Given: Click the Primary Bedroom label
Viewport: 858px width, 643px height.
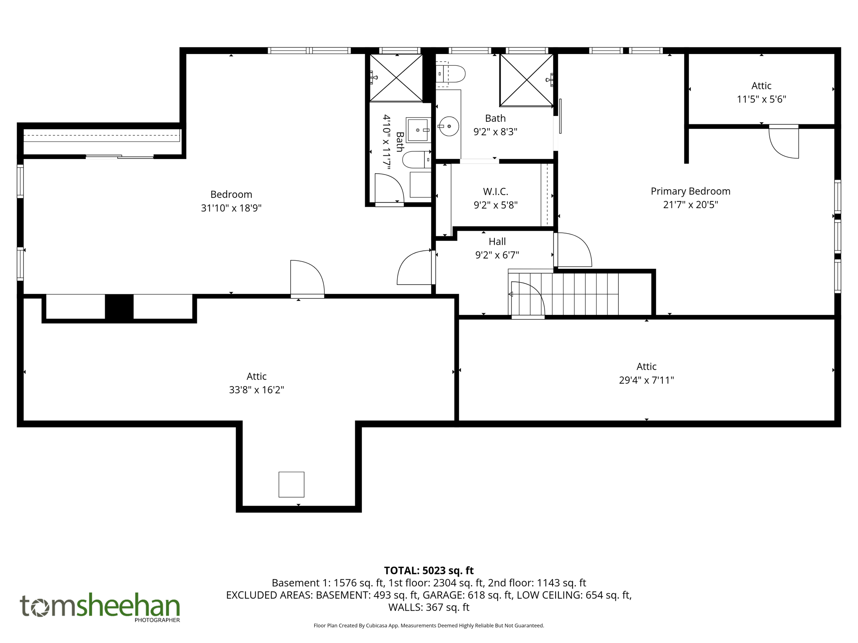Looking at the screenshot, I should tap(690, 191).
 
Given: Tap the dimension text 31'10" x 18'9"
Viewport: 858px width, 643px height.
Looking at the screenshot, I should tap(231, 208).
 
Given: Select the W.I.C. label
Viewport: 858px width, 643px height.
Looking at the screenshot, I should tap(496, 192).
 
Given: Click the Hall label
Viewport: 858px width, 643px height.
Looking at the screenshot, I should tap(497, 242).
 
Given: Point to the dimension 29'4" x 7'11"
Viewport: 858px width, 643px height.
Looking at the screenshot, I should tap(646, 380).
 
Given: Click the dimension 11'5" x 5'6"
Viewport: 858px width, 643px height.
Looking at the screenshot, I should tap(761, 99).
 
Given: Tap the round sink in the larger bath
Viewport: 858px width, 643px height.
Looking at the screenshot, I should tap(449, 126).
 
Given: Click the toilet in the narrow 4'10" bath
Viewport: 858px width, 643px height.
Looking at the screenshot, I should tap(416, 159).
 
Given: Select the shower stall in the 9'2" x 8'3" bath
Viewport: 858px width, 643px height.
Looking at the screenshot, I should tap(526, 80).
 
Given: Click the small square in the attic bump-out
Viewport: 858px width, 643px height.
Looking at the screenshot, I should tap(291, 484).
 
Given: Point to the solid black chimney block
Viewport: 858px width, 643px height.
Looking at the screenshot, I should tap(119, 307).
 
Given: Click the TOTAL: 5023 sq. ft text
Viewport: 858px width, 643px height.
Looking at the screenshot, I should tap(429, 571).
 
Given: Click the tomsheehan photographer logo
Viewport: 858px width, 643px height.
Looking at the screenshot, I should tap(100, 607).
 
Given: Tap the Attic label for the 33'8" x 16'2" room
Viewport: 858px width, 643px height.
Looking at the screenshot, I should tap(256, 376).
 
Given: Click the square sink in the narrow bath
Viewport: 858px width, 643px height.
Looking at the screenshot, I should tap(418, 130).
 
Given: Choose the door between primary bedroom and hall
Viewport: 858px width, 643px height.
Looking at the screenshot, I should tap(572, 250).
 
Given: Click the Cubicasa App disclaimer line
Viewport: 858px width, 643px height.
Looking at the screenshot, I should tap(429, 626).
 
